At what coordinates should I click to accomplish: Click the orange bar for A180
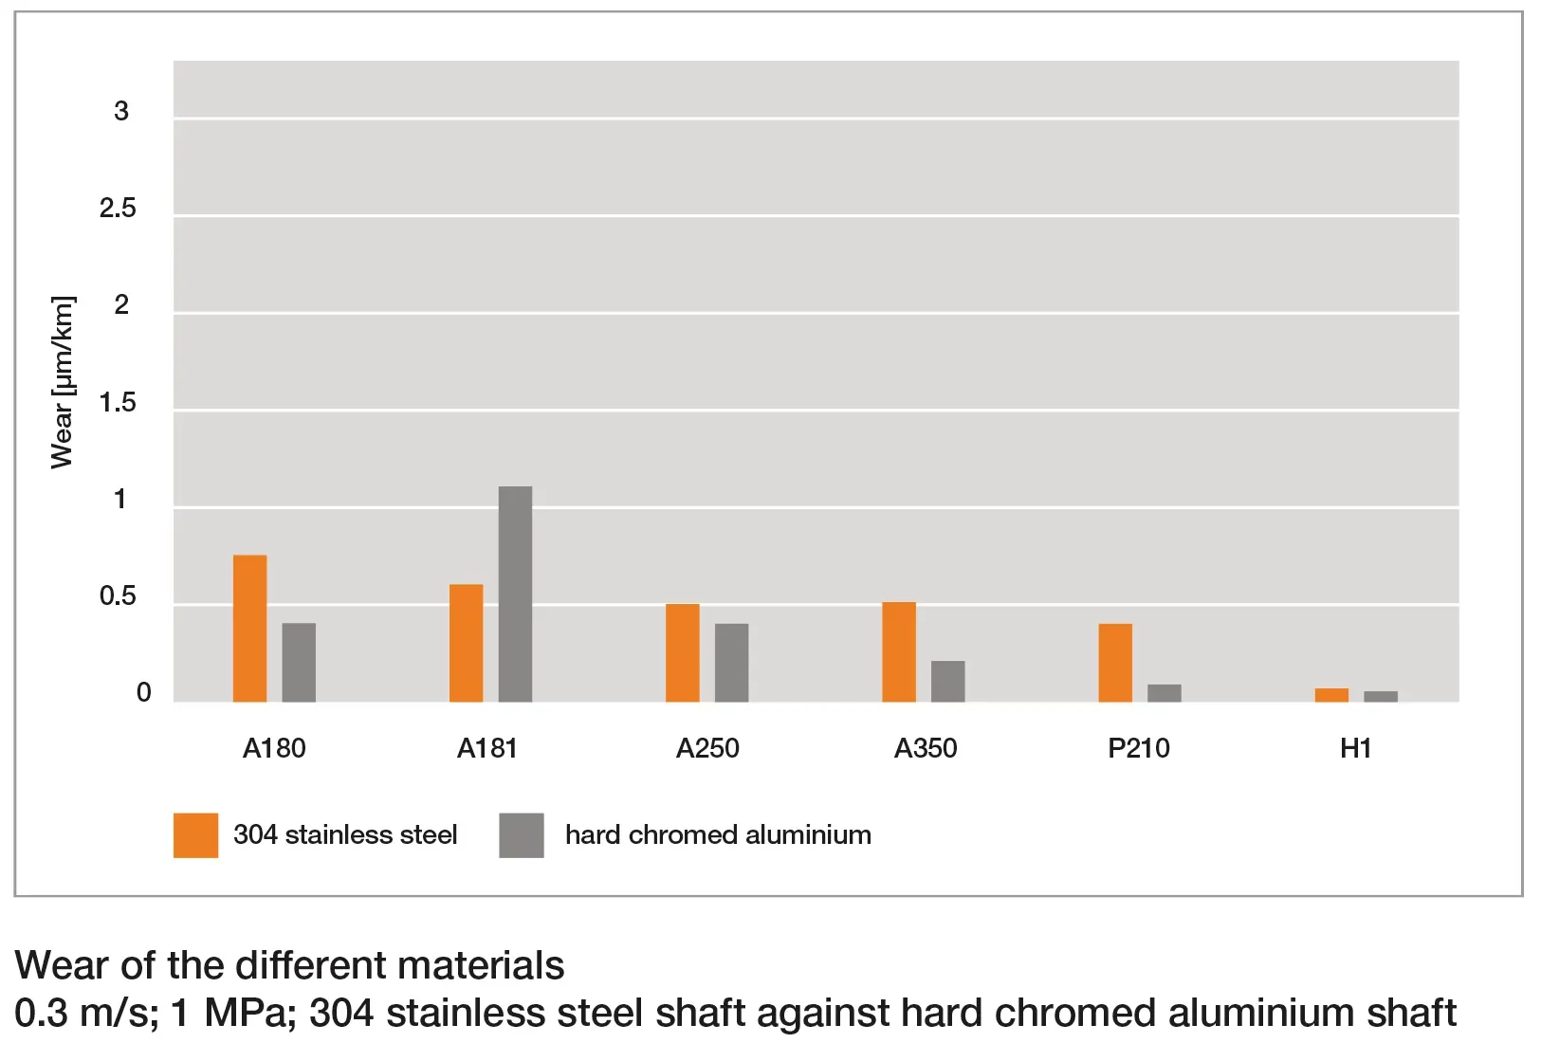click(249, 628)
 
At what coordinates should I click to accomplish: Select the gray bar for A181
click(515, 594)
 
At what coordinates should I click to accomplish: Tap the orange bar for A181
click(466, 643)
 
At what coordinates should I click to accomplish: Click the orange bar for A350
click(899, 651)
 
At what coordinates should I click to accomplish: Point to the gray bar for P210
click(1164, 693)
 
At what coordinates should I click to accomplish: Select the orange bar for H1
click(1331, 695)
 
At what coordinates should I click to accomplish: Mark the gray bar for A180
click(299, 662)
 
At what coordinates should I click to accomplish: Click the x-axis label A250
click(707, 748)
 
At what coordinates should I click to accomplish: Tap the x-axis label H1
click(1355, 748)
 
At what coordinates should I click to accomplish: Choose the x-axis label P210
click(1138, 748)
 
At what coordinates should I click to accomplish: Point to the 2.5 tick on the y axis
click(118, 209)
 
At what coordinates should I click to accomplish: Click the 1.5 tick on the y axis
click(118, 403)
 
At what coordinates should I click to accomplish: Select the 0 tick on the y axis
click(143, 693)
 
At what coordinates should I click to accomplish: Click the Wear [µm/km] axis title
click(62, 382)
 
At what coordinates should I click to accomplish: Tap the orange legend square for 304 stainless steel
click(195, 835)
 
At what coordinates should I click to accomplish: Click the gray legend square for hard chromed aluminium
click(522, 835)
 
